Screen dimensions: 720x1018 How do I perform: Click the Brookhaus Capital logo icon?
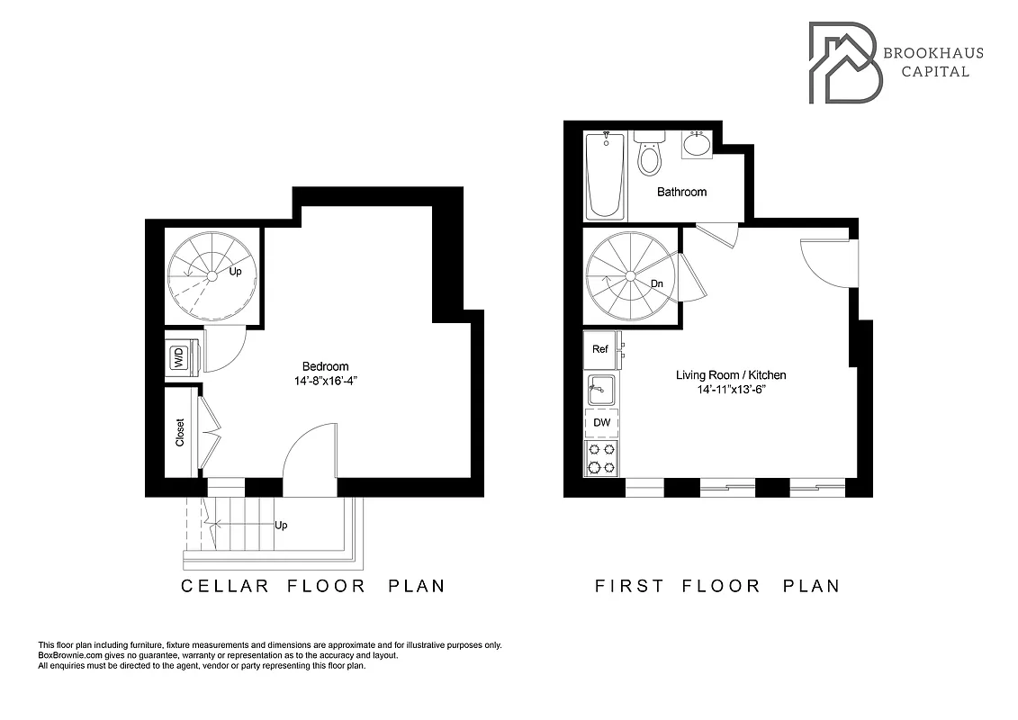pyautogui.click(x=844, y=62)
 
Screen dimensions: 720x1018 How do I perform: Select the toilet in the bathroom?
pyautogui.click(x=648, y=155)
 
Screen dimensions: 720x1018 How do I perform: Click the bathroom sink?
pyautogui.click(x=696, y=144)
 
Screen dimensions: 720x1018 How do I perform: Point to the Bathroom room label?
pyautogui.click(x=681, y=192)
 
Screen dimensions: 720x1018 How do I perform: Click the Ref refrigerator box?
pyautogui.click(x=599, y=350)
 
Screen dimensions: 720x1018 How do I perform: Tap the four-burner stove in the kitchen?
pyautogui.click(x=600, y=457)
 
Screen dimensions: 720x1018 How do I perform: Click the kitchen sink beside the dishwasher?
pyautogui.click(x=600, y=391)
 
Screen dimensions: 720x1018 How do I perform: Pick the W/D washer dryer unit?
pyautogui.click(x=179, y=357)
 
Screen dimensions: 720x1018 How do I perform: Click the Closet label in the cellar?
pyautogui.click(x=180, y=432)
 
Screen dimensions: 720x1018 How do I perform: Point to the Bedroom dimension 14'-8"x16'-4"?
pyautogui.click(x=325, y=380)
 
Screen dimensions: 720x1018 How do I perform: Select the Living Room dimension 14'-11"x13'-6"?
pyautogui.click(x=731, y=390)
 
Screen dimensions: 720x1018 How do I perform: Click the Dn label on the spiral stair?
pyautogui.click(x=657, y=283)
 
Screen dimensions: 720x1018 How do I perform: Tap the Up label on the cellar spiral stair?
pyautogui.click(x=236, y=271)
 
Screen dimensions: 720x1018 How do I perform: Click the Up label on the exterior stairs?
pyautogui.click(x=281, y=526)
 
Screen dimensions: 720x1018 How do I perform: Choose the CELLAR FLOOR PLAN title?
pyautogui.click(x=313, y=586)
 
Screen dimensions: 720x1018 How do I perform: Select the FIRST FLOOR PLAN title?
pyautogui.click(x=717, y=586)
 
